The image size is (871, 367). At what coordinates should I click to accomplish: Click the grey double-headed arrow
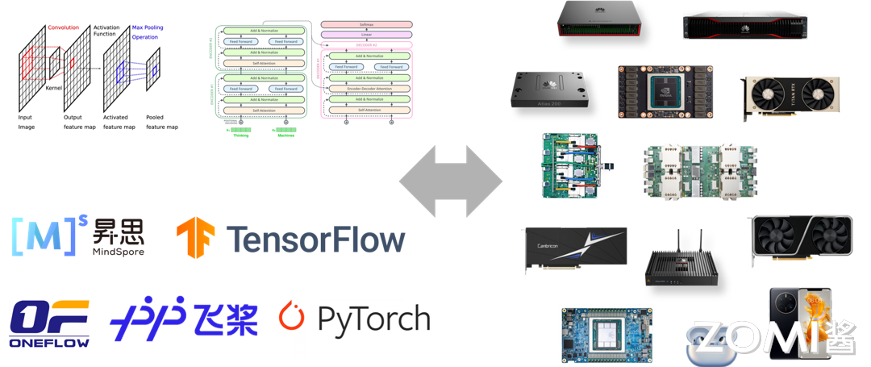451,181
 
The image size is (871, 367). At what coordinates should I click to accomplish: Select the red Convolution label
64,27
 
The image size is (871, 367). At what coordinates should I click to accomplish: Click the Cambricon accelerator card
573,245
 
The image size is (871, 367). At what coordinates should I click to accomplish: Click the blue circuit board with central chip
606,333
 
